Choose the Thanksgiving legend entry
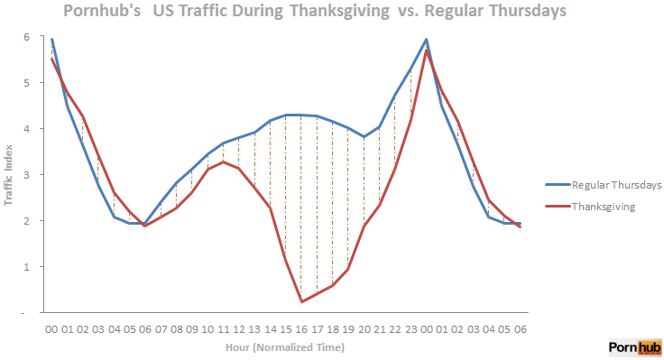click(604, 207)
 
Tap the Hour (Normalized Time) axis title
click(287, 346)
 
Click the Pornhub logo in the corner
click(635, 347)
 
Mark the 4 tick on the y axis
click(27, 128)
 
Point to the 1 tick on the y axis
click(27, 267)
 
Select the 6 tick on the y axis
click(27, 37)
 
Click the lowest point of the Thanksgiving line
click(301, 301)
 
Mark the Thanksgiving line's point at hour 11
click(224, 162)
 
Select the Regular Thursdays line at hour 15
click(286, 115)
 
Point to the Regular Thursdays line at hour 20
click(364, 137)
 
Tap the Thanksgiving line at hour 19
click(348, 269)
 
